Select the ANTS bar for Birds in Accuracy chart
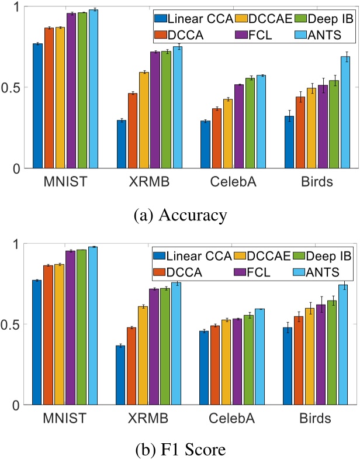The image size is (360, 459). tap(345, 112)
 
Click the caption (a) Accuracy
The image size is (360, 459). tap(179, 215)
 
